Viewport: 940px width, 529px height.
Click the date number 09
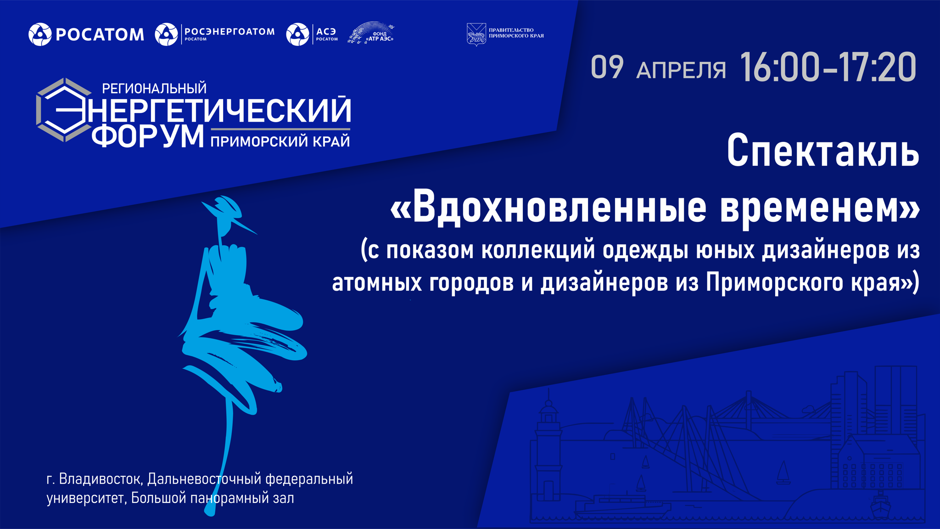point(607,68)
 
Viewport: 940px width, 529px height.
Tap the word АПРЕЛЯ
point(681,70)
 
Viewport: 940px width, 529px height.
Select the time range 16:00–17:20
point(828,68)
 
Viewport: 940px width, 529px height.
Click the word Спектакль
point(823,151)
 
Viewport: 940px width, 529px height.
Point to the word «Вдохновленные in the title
point(548,207)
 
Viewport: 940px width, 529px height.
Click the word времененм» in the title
point(820,207)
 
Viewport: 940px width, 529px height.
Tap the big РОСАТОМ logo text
point(100,34)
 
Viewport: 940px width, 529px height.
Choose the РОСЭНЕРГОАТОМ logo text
point(229,32)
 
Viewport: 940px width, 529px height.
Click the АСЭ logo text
point(326,31)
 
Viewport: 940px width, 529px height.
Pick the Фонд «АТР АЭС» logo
point(372,33)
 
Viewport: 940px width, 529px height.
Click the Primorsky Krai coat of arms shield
point(476,34)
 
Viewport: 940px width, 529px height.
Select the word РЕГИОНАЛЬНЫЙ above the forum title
point(154,88)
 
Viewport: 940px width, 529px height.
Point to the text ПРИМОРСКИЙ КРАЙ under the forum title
point(280,141)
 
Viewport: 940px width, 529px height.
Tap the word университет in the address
point(85,498)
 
